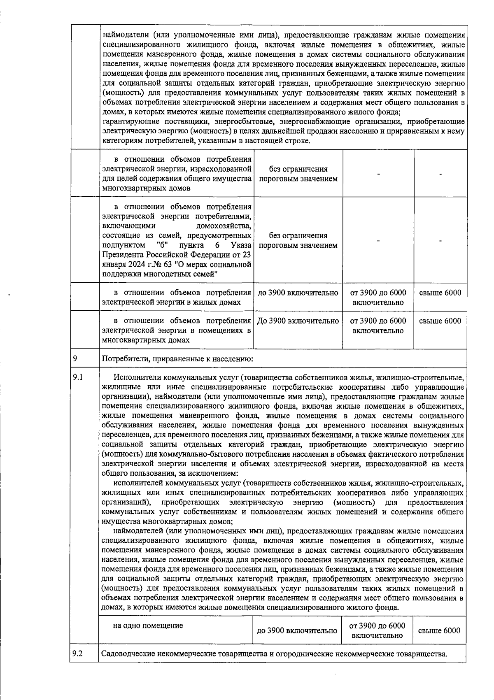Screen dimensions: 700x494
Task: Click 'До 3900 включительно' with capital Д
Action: coord(298,321)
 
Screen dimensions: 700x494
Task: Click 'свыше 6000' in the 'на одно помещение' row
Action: coord(439,630)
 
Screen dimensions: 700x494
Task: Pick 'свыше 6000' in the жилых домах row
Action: coord(440,293)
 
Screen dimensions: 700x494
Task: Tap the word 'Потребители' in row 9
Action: coord(122,359)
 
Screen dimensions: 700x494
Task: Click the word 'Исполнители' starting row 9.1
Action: coord(135,377)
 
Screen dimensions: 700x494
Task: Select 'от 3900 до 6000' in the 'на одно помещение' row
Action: coord(377,626)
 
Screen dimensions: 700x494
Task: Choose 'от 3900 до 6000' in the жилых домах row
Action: coord(378,293)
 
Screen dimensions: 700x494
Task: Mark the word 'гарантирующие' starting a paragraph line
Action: coord(126,122)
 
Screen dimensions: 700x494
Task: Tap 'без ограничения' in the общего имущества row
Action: coord(298,169)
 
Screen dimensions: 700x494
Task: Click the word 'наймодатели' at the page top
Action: coord(124,35)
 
